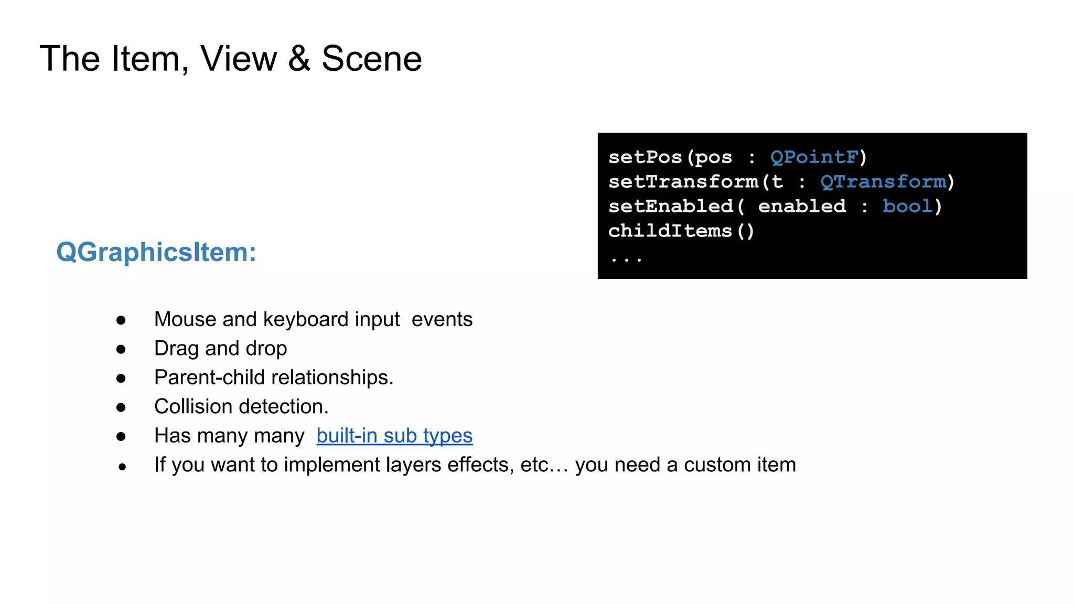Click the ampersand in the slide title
pyautogui.click(x=299, y=58)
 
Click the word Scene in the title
pyautogui.click(x=371, y=58)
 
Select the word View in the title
pyautogui.click(x=239, y=58)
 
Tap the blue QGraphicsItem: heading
pyautogui.click(x=156, y=252)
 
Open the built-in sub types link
pyautogui.click(x=394, y=436)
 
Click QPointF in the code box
pyautogui.click(x=814, y=157)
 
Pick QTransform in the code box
pyautogui.click(x=884, y=181)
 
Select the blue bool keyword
pyautogui.click(x=907, y=206)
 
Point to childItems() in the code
pyautogui.click(x=681, y=231)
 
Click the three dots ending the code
pyautogui.click(x=626, y=258)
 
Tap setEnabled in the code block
pyautogui.click(x=671, y=206)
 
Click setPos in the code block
pyautogui.click(x=645, y=157)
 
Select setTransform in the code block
pyautogui.click(x=683, y=181)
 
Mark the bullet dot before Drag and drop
pyautogui.click(x=121, y=349)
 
